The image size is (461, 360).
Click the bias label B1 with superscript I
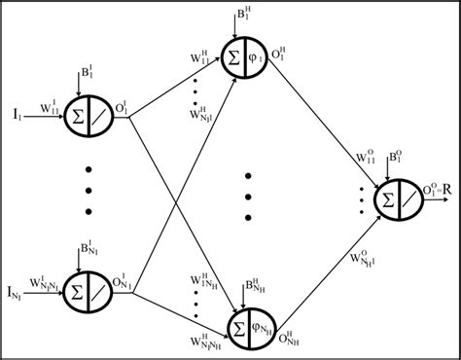coord(88,74)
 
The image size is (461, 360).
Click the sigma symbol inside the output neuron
coord(388,197)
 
